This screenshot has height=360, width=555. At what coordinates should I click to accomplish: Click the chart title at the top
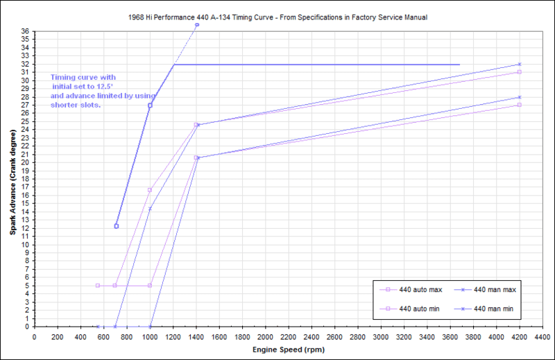point(277,15)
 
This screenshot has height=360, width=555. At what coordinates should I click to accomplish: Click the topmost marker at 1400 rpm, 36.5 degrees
point(197,25)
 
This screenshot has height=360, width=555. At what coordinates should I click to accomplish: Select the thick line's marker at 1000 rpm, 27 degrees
point(150,105)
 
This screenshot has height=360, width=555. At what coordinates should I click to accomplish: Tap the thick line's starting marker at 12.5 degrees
point(116,226)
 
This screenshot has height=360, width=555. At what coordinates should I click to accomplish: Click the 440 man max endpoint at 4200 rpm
point(519,64)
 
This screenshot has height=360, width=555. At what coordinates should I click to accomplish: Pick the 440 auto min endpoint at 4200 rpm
point(519,105)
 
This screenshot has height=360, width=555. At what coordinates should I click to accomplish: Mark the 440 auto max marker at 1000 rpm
point(150,189)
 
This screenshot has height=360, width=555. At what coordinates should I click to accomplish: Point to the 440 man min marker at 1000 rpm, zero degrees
point(150,326)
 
